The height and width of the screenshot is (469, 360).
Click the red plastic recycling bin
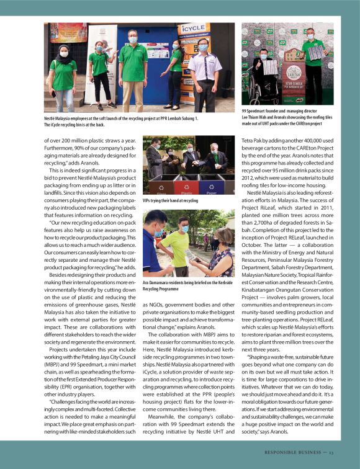[184, 185]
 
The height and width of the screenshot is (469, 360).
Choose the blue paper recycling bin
[211, 185]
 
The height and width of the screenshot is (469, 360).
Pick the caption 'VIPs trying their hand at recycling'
[171, 201]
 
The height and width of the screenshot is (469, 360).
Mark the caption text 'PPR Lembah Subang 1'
[173, 118]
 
